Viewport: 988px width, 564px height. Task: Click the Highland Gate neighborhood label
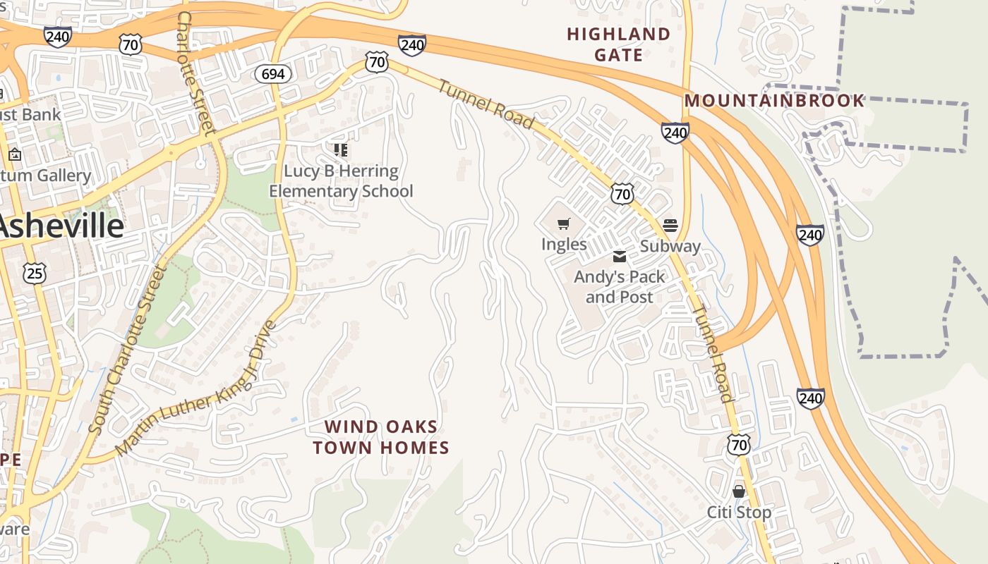(618, 44)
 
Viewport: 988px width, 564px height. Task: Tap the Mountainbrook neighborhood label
(774, 101)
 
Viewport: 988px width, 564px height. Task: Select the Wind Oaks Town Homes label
(381, 437)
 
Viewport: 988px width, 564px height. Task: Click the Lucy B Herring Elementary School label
(341, 181)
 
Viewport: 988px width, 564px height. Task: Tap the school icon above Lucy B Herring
(341, 149)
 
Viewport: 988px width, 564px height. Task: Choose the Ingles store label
(564, 244)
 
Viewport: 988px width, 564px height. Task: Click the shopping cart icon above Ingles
(564, 224)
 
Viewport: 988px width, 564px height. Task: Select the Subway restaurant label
(670, 246)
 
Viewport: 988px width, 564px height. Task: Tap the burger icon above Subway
(670, 226)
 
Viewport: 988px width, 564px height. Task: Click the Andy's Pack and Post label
(619, 287)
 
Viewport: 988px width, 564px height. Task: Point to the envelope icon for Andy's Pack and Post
(619, 257)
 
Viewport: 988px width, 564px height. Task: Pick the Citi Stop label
(739, 512)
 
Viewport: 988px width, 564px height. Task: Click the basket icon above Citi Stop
(739, 491)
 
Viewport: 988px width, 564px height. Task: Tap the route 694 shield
(273, 74)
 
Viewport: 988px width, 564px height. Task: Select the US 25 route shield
(34, 273)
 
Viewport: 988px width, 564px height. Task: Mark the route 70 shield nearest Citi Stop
(739, 444)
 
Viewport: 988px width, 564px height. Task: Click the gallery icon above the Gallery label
(15, 154)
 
